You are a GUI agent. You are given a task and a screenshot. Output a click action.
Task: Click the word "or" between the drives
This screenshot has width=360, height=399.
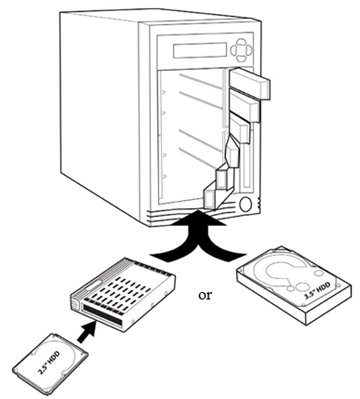click(x=205, y=294)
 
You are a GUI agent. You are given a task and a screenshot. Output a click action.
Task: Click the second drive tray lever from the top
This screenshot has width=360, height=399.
click(x=244, y=107)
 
